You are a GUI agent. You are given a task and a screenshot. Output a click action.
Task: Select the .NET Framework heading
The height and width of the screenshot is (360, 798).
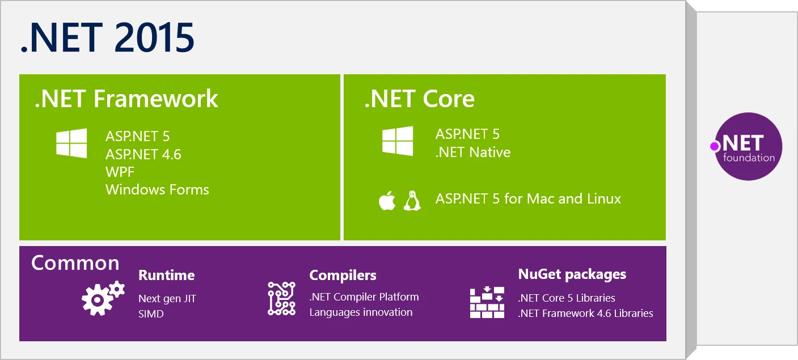click(x=126, y=99)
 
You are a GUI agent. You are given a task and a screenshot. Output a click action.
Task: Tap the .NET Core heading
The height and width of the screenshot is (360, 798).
click(x=419, y=99)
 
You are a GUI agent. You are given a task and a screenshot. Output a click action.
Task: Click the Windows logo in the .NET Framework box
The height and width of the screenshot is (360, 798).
click(x=71, y=143)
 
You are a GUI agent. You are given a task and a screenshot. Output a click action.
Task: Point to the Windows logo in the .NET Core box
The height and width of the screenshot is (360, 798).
click(x=397, y=141)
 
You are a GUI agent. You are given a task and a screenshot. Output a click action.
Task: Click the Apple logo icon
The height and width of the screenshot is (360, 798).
click(x=387, y=201)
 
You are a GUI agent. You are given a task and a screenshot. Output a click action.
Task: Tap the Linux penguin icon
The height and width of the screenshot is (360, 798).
click(x=412, y=201)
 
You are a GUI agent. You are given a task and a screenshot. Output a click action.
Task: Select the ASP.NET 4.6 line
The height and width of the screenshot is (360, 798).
click(x=143, y=154)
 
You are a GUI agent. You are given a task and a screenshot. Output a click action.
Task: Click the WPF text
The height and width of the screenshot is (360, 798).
click(x=120, y=172)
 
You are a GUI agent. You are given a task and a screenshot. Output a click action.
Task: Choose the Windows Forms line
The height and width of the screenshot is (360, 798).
click(x=157, y=189)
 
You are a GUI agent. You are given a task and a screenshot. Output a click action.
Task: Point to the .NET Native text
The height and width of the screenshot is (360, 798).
click(x=472, y=152)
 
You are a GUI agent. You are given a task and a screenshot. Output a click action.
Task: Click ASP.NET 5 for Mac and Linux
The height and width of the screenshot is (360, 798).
click(x=528, y=199)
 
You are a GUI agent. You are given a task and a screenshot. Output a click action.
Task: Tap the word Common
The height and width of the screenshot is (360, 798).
click(x=75, y=263)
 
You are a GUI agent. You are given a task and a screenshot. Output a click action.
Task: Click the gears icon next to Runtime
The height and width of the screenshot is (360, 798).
click(x=103, y=298)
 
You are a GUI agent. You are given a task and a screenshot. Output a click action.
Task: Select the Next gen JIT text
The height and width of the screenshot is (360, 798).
click(x=167, y=298)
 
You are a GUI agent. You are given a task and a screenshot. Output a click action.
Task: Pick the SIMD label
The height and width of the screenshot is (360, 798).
click(x=151, y=314)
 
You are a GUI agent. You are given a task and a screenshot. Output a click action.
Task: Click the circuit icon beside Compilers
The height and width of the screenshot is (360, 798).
click(x=281, y=298)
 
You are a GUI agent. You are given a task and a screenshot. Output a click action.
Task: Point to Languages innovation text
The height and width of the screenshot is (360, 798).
click(x=361, y=312)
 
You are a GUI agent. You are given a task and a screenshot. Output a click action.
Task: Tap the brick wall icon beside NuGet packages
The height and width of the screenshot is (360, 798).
click(x=487, y=302)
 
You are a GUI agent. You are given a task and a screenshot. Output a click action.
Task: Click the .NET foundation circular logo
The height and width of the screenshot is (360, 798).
click(x=748, y=146)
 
